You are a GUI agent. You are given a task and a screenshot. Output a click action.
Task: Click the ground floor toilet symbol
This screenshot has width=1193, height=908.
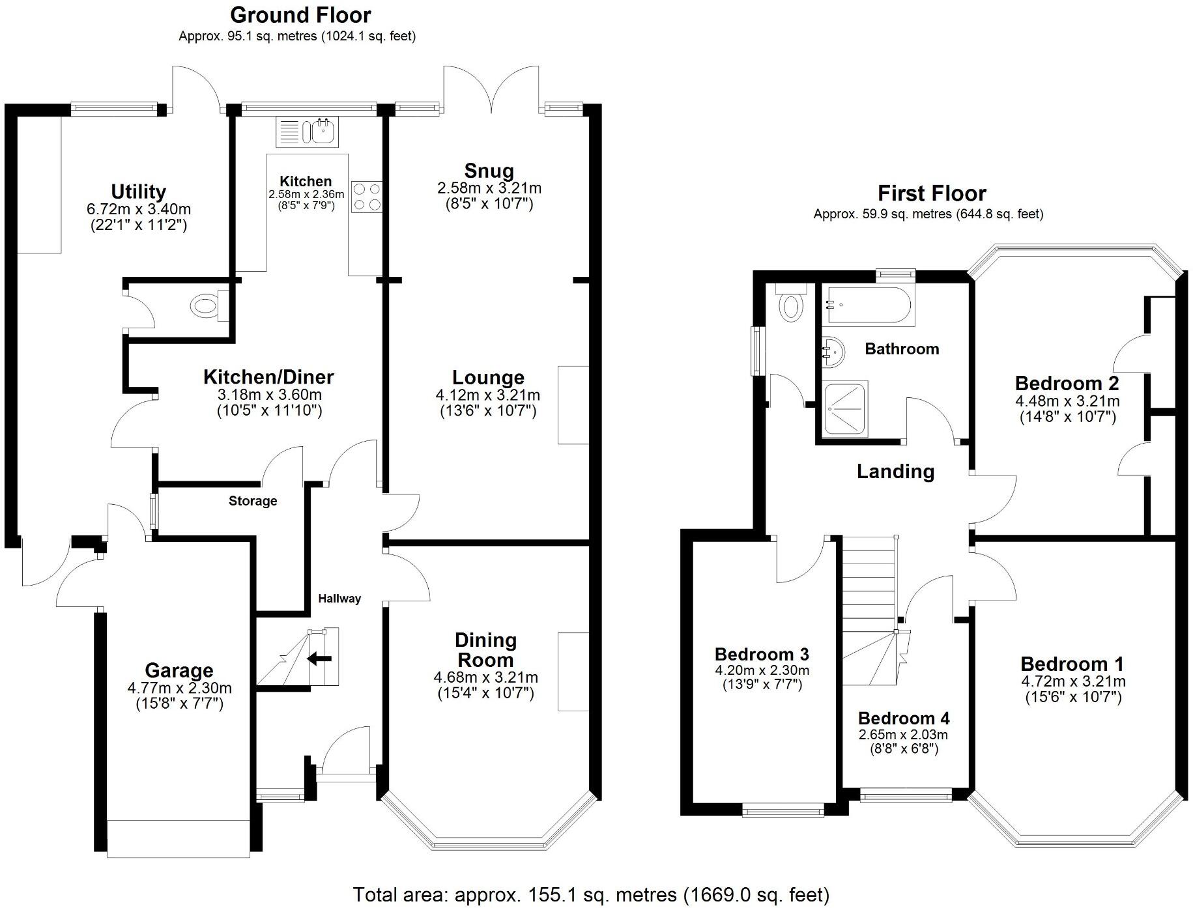[x=208, y=306]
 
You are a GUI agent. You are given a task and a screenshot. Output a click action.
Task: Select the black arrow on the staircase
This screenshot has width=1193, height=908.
[x=319, y=659]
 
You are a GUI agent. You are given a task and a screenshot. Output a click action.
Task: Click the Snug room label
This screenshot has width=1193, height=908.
[x=489, y=171]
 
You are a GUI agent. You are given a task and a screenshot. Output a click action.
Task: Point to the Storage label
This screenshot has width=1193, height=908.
[x=253, y=501]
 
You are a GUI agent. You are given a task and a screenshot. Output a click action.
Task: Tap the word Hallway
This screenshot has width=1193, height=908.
[x=339, y=599]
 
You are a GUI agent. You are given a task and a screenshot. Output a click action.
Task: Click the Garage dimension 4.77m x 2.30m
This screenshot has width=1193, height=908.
[x=179, y=688]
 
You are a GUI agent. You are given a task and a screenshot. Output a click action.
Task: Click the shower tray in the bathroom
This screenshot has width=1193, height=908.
[x=846, y=408]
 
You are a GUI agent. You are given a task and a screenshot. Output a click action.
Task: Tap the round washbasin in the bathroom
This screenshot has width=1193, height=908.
[x=833, y=352]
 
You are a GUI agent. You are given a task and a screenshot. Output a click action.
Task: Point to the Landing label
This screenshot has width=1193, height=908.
[x=895, y=471]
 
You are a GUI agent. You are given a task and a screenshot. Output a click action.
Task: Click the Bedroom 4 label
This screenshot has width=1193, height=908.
[x=904, y=718]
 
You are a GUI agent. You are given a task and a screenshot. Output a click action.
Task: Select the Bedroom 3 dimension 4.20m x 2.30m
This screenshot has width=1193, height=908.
[x=762, y=670]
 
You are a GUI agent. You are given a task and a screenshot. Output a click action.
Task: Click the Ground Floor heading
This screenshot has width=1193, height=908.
[x=300, y=14]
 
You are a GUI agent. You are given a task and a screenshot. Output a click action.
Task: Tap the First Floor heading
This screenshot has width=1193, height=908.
[x=932, y=193]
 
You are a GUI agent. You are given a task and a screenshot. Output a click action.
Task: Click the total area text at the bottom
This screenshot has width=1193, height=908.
[x=591, y=894]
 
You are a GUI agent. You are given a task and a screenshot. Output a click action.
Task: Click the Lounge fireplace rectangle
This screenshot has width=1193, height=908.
[x=573, y=404]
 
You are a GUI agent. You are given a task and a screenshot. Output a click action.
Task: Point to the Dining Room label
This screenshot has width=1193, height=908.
[x=485, y=649]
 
